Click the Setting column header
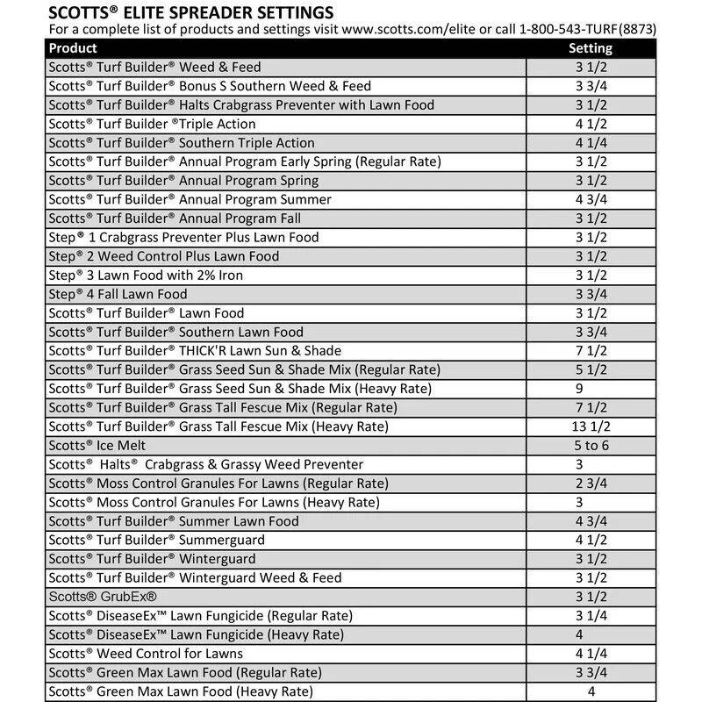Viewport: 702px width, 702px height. [591, 48]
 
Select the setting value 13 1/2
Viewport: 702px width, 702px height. [591, 426]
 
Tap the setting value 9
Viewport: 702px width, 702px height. [578, 389]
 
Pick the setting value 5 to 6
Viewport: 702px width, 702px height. [591, 446]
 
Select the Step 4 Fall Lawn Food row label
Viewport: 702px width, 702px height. [118, 294]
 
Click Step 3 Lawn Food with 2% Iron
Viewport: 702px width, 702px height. [146, 276]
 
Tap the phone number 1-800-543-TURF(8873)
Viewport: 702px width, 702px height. [588, 30]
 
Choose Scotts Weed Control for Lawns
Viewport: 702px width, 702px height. [146, 654]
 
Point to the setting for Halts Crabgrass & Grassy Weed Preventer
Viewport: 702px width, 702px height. [578, 464]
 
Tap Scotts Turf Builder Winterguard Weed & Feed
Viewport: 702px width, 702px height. [195, 577]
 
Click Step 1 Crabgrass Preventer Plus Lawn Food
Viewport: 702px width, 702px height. [183, 237]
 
